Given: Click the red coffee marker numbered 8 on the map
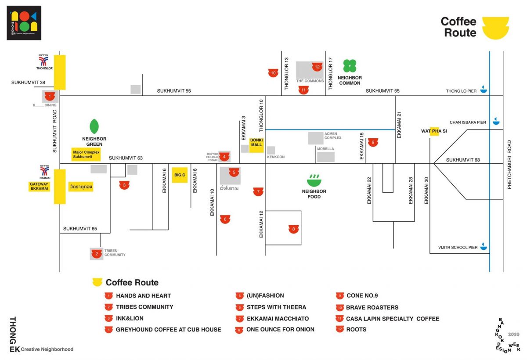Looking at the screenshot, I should (x=293, y=228).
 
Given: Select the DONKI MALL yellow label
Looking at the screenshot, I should (x=256, y=145).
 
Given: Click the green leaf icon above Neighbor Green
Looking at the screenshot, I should (x=94, y=126).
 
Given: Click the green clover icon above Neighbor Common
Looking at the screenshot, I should (x=350, y=66).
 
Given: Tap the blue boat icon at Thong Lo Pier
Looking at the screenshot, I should (x=484, y=90).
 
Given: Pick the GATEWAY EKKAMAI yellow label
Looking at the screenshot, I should (x=39, y=187).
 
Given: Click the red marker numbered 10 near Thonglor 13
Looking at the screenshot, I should (x=273, y=73).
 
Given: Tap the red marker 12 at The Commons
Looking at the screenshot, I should (x=317, y=67).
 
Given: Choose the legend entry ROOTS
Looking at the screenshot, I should (x=356, y=329).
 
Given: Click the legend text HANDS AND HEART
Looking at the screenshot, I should (x=143, y=296).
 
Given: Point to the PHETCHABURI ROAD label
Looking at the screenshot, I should (x=510, y=165).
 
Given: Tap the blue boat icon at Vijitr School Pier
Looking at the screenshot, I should (x=484, y=246).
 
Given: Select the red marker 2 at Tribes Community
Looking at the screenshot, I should (x=97, y=253).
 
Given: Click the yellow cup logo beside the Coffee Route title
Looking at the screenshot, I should (x=495, y=28).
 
